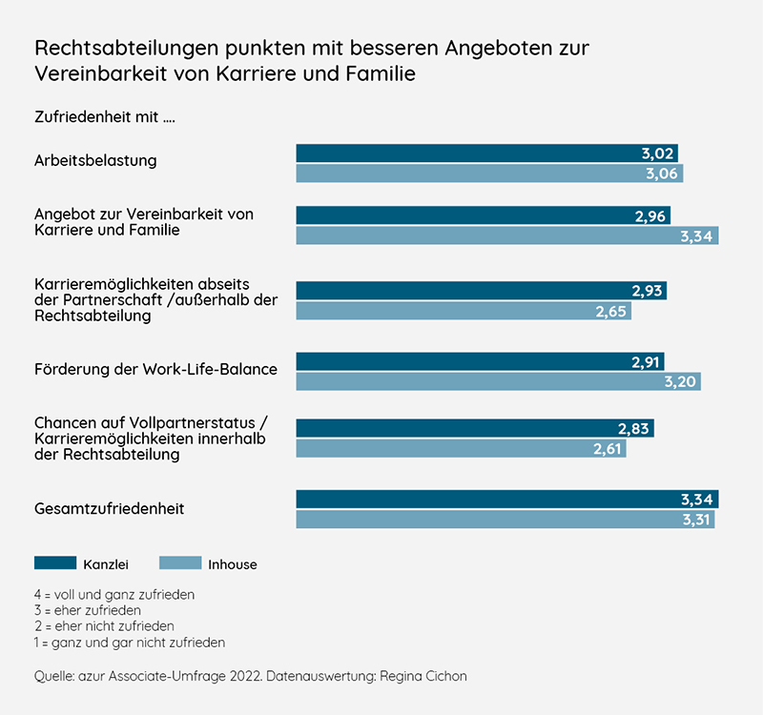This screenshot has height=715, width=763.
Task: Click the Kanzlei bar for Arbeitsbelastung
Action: click(x=486, y=153)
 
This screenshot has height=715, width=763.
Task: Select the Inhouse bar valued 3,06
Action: click(x=489, y=174)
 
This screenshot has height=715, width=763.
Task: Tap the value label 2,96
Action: click(x=650, y=215)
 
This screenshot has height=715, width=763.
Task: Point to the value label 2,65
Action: click(x=610, y=311)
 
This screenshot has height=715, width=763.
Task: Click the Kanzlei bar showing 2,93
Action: click(x=481, y=290)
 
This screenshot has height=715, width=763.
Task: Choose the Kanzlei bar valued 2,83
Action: click(x=475, y=428)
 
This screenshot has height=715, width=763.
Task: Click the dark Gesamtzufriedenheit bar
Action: click(x=506, y=499)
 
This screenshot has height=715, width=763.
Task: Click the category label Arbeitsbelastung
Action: click(x=95, y=160)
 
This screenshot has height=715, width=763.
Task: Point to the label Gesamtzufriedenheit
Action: click(x=109, y=509)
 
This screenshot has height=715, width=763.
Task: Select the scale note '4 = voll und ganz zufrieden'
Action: click(x=113, y=594)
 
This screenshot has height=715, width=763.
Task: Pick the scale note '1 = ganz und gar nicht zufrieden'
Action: click(x=129, y=643)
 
